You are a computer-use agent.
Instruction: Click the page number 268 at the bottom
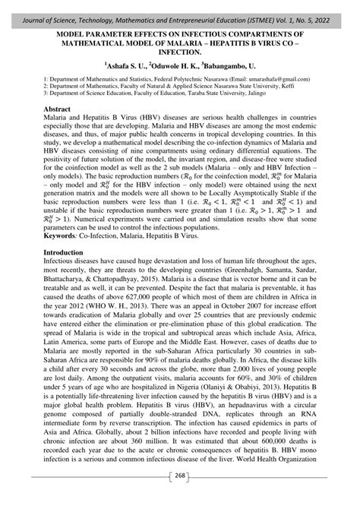180,498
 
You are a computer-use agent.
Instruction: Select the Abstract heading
58,110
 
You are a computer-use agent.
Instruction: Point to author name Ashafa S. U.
130,67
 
